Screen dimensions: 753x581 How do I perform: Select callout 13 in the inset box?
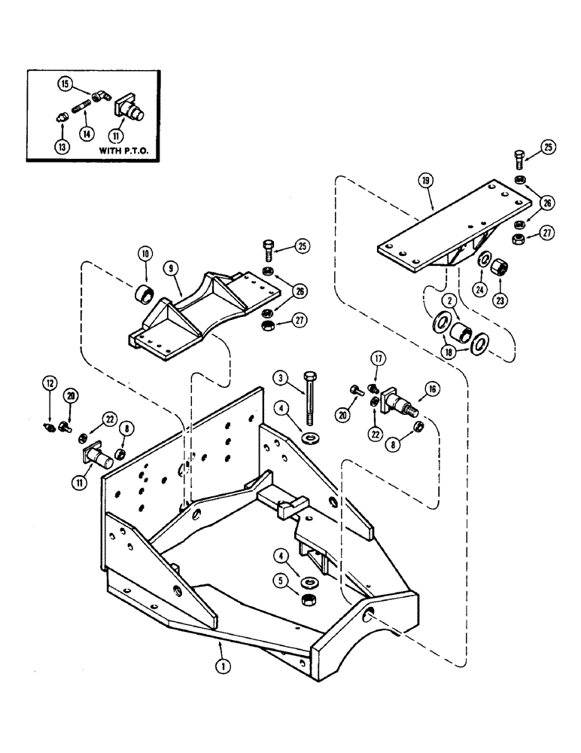[x=62, y=148]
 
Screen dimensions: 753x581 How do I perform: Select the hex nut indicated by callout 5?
[x=308, y=600]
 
